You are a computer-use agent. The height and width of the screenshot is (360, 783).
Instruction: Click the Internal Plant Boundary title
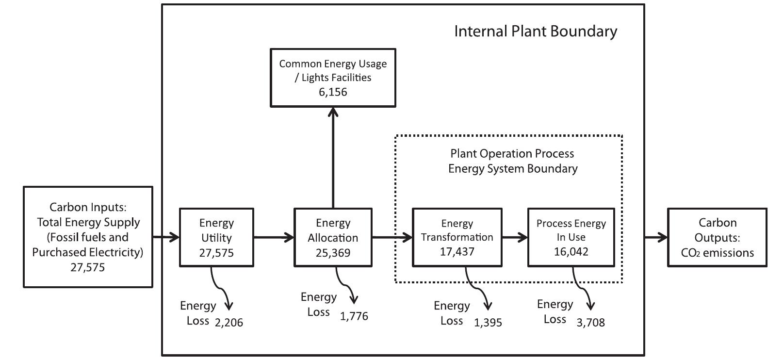[535, 32]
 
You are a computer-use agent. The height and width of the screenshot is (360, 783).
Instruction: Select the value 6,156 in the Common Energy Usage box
[333, 92]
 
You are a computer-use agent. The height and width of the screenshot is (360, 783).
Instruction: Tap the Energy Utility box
[216, 237]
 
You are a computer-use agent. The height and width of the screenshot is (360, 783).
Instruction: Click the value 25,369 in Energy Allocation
[333, 253]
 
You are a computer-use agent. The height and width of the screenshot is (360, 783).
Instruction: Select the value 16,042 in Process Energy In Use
[571, 252]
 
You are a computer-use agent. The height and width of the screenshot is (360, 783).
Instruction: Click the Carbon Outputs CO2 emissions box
[717, 237]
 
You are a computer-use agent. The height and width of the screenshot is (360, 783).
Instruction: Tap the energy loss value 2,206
[228, 323]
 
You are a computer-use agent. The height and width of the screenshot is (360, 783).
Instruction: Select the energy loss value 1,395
[488, 323]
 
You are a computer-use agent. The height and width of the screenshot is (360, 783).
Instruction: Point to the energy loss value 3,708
[590, 323]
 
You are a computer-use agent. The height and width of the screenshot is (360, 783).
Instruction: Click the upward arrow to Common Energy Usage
[333, 155]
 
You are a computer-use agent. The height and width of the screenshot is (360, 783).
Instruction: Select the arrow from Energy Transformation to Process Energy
[515, 237]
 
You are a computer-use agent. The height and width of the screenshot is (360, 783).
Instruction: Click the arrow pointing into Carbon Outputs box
[656, 237]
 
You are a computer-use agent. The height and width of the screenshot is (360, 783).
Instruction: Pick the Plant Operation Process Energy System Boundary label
[512, 161]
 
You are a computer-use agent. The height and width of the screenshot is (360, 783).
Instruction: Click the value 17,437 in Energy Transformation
[457, 252]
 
